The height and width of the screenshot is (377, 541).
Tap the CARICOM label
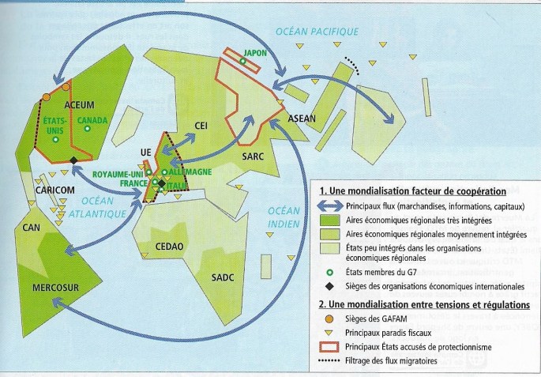55,190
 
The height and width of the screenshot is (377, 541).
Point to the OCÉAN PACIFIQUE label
316,32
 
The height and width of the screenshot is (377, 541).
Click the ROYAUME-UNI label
118,173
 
